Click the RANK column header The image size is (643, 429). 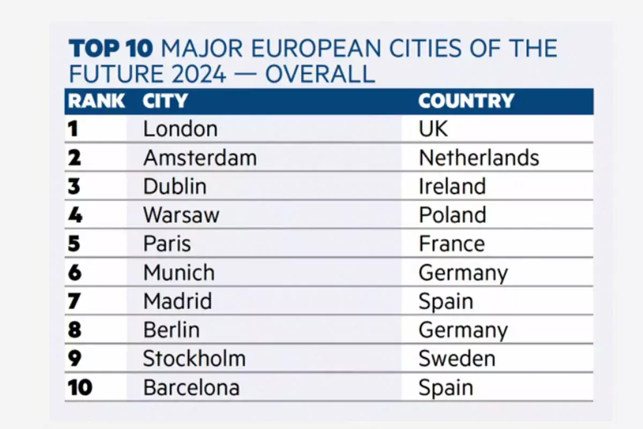[x=96, y=101]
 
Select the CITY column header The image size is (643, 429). [x=165, y=101]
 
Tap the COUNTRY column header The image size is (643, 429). [x=466, y=101]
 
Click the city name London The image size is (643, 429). [x=180, y=129]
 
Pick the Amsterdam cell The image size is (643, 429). [x=200, y=158]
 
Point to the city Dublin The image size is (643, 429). [x=175, y=186]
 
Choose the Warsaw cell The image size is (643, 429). [x=181, y=215]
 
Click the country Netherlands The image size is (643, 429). [x=478, y=158]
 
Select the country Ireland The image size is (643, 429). [x=452, y=186]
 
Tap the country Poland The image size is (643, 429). [x=452, y=215]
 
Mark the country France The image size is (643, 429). [x=452, y=244]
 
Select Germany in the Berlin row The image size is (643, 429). [x=463, y=330]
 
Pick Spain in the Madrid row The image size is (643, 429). [x=446, y=302]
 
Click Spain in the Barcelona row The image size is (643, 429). [x=446, y=388]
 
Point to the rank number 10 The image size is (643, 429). [x=80, y=388]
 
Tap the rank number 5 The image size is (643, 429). [x=74, y=244]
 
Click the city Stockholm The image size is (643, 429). [x=194, y=359]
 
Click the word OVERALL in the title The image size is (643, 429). [x=320, y=74]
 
